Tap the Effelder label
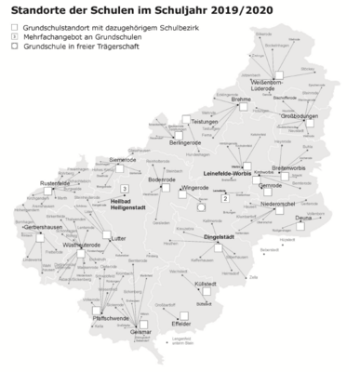click(x=181, y=323)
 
